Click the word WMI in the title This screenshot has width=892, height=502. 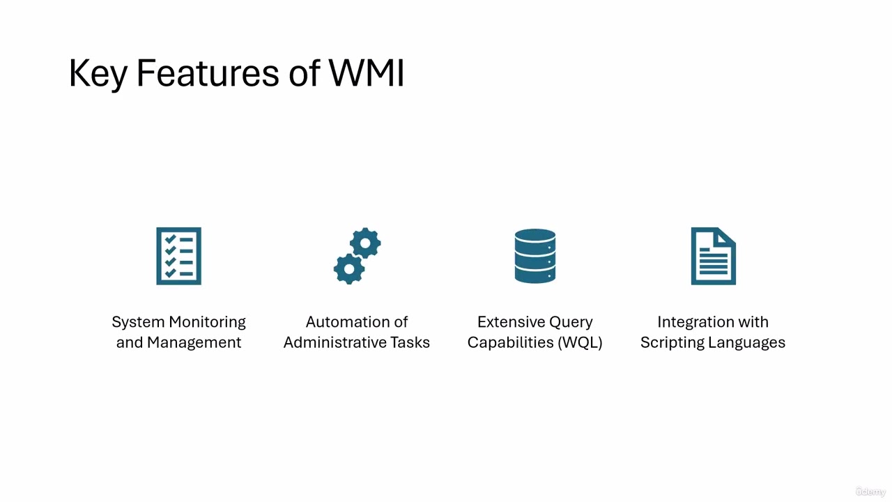(367, 73)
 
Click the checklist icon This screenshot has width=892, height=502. (178, 256)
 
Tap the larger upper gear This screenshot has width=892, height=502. (365, 244)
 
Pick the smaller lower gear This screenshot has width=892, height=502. (348, 268)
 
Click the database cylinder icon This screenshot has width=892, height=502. (535, 256)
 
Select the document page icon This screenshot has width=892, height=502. (713, 256)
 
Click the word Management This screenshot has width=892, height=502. (194, 342)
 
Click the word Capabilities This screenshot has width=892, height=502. (510, 342)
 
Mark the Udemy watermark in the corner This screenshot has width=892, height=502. (870, 492)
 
